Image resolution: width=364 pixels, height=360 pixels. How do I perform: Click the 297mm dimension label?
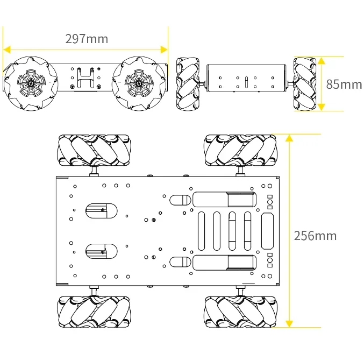pyautogui.click(x=87, y=39)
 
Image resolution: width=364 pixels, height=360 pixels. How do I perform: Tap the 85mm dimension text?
pyautogui.click(x=344, y=84)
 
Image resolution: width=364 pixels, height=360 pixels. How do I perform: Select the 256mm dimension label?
pyautogui.click(x=315, y=236)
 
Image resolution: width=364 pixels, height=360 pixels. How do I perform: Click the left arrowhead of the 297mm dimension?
pyautogui.click(x=7, y=49)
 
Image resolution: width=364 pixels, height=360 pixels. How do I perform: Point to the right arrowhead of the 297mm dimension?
pyautogui.click(x=164, y=49)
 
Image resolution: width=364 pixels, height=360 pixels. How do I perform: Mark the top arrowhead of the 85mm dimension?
pyautogui.click(x=321, y=60)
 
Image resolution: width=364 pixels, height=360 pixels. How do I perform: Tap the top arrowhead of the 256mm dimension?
pyautogui.click(x=289, y=138)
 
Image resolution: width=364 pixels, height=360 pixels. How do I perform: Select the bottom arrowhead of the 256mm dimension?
pyautogui.click(x=289, y=323)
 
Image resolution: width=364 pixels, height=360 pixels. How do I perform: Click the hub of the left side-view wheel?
pyautogui.click(x=31, y=83)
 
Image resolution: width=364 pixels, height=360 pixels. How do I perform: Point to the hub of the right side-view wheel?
pyautogui.click(x=138, y=83)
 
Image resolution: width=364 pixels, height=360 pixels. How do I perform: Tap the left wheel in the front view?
pyautogui.click(x=188, y=83)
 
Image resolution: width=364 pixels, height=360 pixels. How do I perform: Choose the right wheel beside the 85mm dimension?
pyautogui.click(x=305, y=83)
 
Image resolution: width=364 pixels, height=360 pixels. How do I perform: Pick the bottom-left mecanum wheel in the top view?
pyautogui.click(x=94, y=312)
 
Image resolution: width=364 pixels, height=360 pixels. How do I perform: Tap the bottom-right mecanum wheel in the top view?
pyautogui.click(x=240, y=312)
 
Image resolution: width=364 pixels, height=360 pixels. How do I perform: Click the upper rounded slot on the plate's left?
pyautogui.click(x=101, y=210)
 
